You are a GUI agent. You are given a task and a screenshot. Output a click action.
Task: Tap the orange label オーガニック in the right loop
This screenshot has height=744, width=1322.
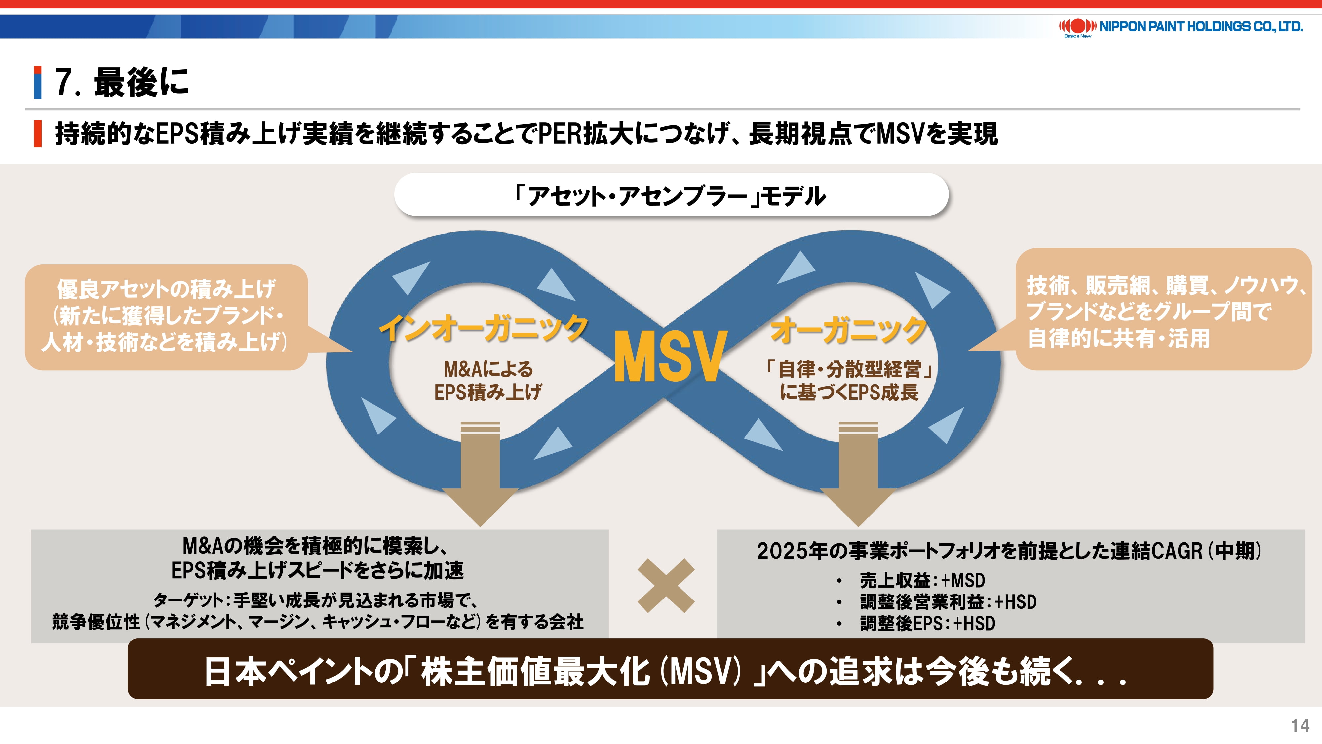tap(848, 330)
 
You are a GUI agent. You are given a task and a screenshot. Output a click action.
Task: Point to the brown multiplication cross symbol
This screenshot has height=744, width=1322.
tap(666, 586)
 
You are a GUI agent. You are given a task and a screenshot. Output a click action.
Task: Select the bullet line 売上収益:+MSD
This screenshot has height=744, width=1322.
tap(922, 581)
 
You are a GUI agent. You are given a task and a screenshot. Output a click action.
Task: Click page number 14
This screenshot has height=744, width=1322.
tap(1300, 725)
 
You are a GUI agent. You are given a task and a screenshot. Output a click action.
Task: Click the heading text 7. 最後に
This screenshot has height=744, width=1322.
tap(122, 82)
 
